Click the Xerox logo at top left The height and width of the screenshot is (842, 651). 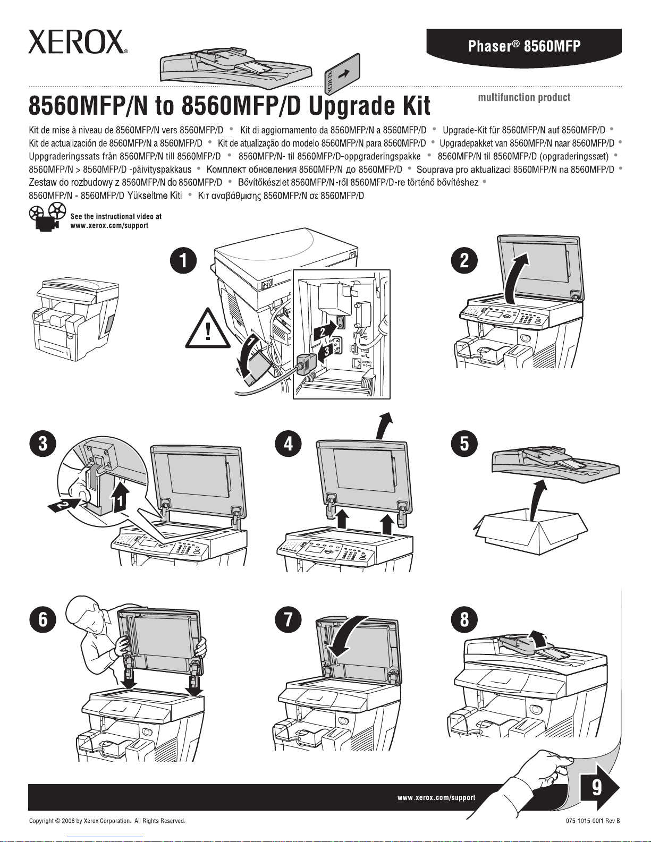[x=78, y=41]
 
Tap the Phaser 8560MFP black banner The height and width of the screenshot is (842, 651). [x=524, y=46]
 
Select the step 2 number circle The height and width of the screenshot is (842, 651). [x=464, y=260]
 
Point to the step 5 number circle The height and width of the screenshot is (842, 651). [x=464, y=443]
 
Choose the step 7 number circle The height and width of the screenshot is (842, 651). [x=288, y=619]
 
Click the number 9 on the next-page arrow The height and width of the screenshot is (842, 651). [x=597, y=786]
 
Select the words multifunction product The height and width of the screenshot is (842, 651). [x=524, y=97]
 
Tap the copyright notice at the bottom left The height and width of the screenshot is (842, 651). [x=107, y=821]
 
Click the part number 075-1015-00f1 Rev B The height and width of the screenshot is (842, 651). [x=593, y=821]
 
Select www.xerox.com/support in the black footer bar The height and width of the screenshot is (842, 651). [x=436, y=797]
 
